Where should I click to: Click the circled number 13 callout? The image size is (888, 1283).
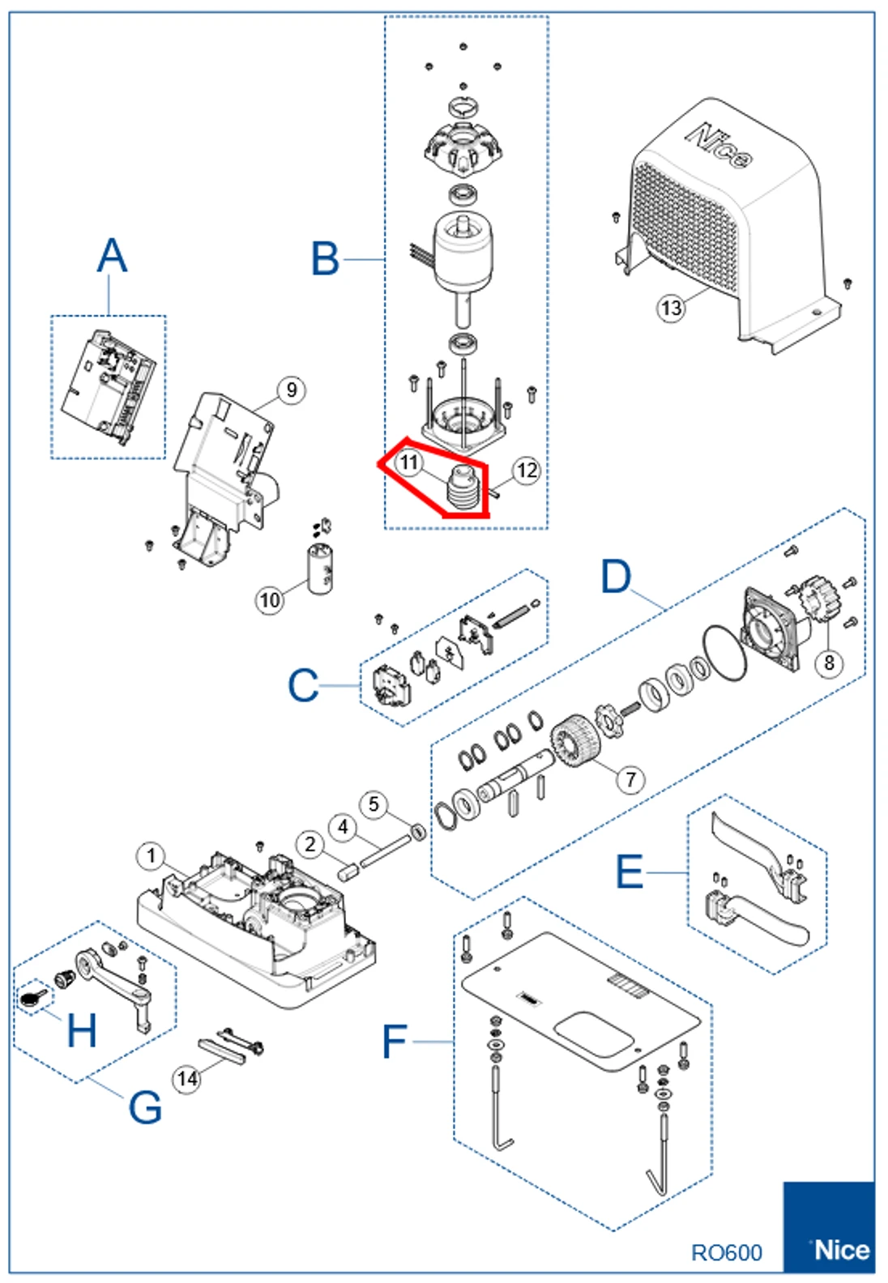[671, 308]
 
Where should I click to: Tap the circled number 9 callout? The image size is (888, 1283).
[292, 390]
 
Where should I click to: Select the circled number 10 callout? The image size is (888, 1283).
[270, 599]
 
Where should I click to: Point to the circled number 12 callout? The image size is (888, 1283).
[527, 470]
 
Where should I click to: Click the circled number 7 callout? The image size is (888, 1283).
[631, 779]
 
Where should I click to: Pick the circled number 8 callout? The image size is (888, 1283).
[829, 663]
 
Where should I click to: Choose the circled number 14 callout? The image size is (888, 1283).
[187, 1079]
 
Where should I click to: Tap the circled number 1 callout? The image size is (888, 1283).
[151, 856]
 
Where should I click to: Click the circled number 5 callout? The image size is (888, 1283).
[374, 804]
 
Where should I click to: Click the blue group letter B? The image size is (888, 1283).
[325, 259]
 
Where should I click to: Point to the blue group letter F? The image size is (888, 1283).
[394, 1042]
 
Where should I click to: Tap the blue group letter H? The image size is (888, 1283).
[81, 1031]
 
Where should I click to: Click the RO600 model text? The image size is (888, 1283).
[726, 1252]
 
